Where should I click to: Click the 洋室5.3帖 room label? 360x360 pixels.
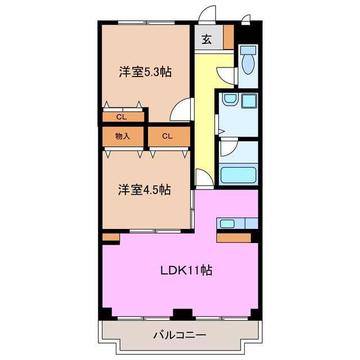tap(145, 71)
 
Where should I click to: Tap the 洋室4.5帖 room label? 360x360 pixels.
tap(144, 190)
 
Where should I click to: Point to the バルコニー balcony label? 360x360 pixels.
tap(179, 336)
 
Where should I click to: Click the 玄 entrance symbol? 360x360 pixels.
tap(206, 39)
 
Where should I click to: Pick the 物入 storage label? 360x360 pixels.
tap(122, 136)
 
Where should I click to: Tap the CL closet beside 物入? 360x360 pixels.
tap(167, 136)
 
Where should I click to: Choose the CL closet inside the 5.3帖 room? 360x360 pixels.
tap(121, 117)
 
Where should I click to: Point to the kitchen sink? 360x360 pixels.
tap(227, 223)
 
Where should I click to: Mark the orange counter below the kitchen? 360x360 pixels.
tap(233, 237)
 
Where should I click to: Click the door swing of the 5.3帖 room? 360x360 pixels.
tap(181, 110)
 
